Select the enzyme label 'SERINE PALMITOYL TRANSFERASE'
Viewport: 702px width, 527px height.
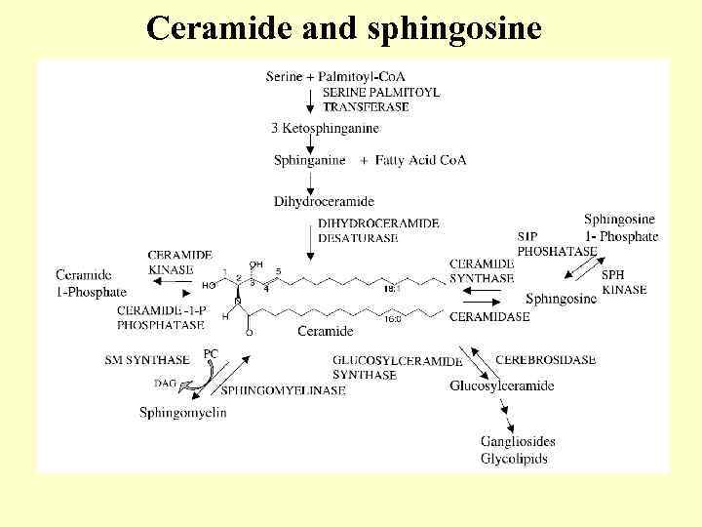(380, 100)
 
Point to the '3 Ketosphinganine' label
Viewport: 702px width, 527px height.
(325, 128)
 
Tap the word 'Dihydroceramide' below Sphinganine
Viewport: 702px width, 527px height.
(324, 202)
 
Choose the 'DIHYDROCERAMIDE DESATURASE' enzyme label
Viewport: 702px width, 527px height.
(378, 230)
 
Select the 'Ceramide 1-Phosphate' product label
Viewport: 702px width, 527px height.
(91, 284)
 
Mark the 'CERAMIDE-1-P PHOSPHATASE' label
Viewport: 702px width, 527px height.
(160, 318)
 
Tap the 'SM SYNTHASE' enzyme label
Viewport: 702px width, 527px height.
(147, 361)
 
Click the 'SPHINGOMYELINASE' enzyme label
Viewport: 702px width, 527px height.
(284, 391)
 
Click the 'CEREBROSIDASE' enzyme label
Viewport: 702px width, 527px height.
(545, 360)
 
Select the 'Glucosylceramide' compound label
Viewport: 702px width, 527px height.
(501, 386)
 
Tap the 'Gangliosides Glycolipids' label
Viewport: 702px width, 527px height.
(514, 451)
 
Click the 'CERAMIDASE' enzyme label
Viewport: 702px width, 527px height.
(489, 316)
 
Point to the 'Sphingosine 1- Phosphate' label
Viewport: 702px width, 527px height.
(620, 227)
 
